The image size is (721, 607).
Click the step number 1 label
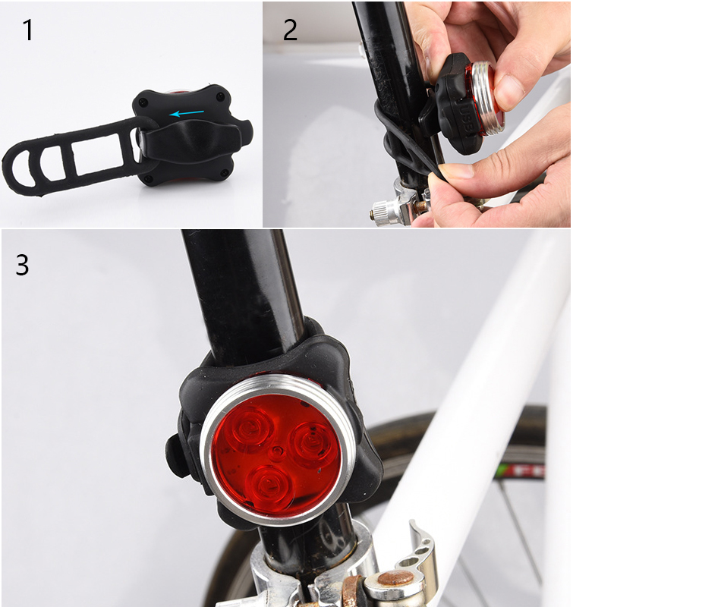(28, 30)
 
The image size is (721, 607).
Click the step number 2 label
(290, 30)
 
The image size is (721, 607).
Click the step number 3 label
(23, 265)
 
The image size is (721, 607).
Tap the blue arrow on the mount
(187, 112)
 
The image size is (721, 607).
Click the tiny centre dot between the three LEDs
(277, 451)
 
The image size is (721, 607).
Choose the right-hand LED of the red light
(311, 442)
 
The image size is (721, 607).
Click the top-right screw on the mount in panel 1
(220, 96)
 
